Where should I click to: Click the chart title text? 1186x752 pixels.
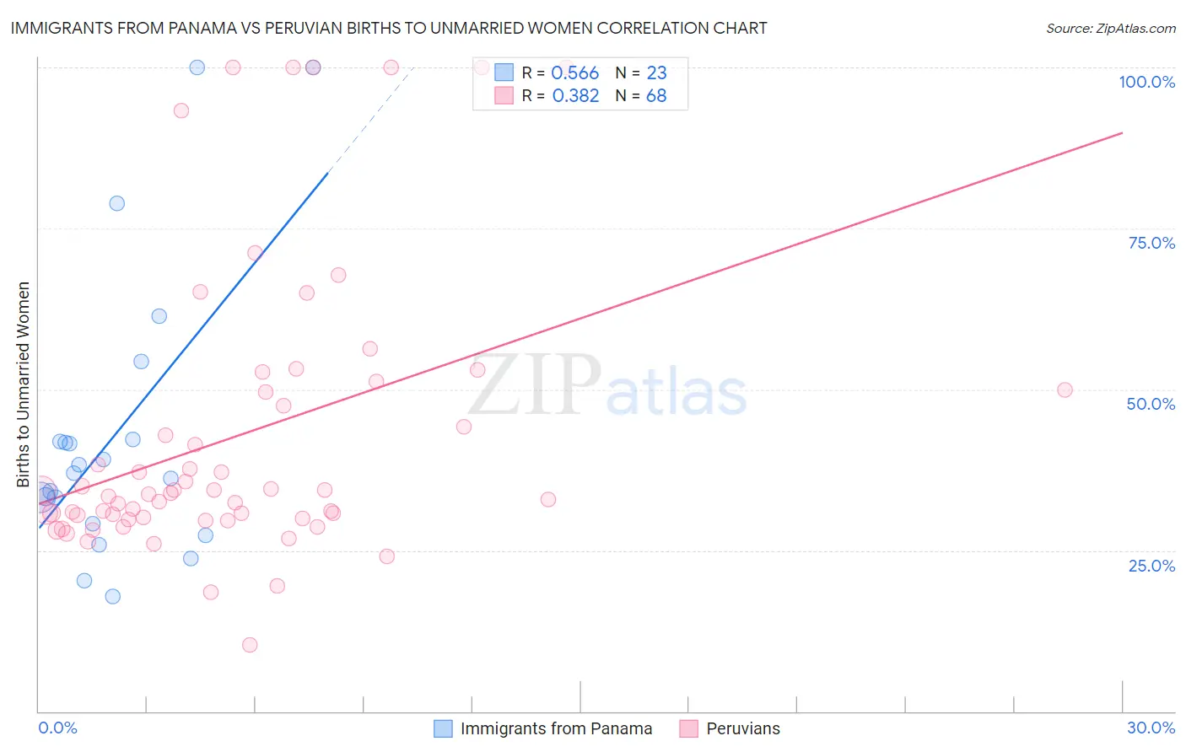coord(389,28)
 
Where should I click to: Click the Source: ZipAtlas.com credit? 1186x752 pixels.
coord(1110,29)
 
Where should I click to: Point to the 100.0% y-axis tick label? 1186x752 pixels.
coord(1146,82)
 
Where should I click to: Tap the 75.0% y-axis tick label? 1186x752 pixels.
coord(1151,243)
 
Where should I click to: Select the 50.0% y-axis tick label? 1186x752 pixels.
coord(1151,404)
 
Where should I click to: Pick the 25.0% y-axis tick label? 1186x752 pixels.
coord(1151,566)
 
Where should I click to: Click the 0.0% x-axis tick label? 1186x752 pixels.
coord(57,728)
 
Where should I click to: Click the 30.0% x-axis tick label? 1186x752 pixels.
coord(1151,728)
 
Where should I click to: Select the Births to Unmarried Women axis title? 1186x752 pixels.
coord(24,384)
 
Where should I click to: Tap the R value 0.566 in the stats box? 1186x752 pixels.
coord(574,73)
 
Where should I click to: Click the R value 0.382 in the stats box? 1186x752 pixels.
coord(575,96)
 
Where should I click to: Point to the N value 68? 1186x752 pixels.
coord(656,96)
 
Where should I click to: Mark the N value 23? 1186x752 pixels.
coord(656,73)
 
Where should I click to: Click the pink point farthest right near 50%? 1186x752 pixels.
coord(1065,389)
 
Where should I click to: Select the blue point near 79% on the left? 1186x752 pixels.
coord(117,203)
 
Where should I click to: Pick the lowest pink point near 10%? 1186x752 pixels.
coord(250,645)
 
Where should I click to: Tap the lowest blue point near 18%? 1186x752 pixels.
coord(112,596)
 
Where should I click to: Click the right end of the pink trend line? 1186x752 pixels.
coord(1122,132)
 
